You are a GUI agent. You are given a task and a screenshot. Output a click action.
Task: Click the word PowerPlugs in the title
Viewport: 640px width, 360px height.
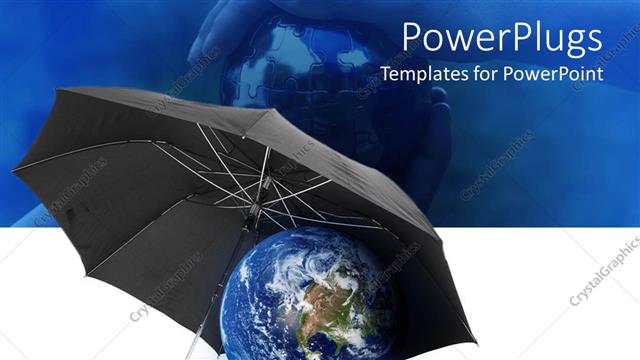coord(502,39)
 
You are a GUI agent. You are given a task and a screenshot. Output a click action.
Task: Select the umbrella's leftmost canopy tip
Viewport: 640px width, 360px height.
coord(14,171)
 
